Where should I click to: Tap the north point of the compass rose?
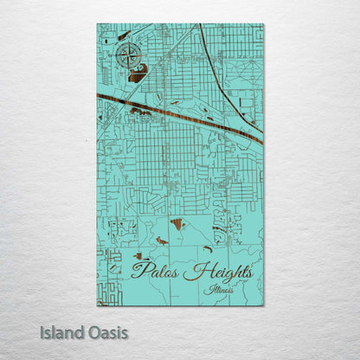click(x=127, y=45)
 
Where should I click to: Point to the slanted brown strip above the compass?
click(x=124, y=35)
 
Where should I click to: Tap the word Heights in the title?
click(x=220, y=272)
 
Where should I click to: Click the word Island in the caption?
click(x=61, y=331)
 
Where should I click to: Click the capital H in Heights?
click(x=191, y=271)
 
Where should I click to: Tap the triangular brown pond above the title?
click(x=177, y=223)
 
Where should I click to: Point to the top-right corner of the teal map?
click(x=263, y=25)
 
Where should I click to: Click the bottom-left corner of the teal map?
click(x=98, y=305)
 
